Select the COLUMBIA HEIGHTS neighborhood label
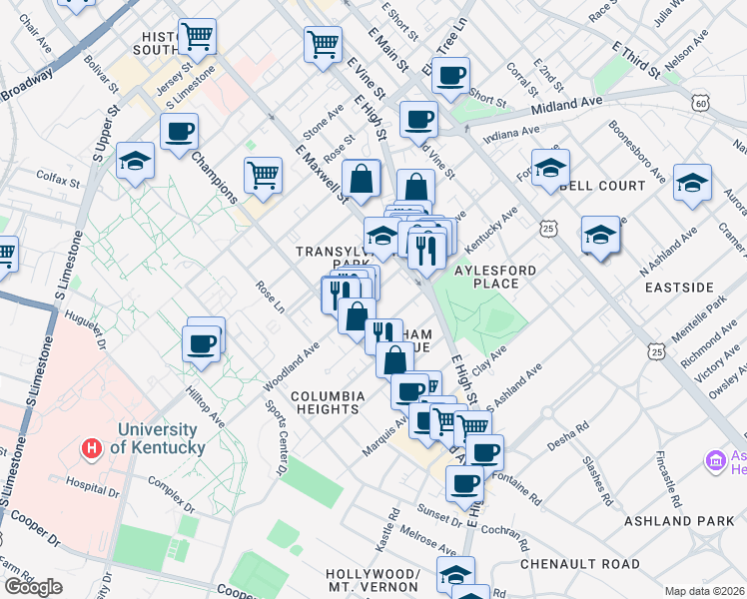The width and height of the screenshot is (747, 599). [326, 402]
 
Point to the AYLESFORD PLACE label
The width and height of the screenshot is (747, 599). [495, 277]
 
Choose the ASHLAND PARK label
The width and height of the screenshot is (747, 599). [678, 521]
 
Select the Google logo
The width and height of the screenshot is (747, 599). [33, 586]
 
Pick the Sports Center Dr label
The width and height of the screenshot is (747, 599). [276, 437]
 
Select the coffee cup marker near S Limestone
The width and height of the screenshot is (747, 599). [180, 131]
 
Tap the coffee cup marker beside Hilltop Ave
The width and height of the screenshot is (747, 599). [202, 343]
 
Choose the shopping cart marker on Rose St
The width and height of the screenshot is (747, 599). [263, 175]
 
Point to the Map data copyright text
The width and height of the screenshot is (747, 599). [705, 591]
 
